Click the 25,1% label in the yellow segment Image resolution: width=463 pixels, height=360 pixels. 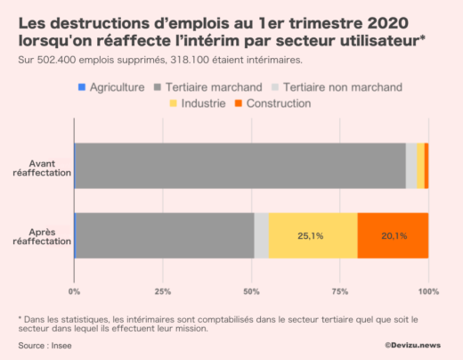[x=311, y=236]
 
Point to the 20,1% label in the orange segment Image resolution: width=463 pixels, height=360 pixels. [x=393, y=236]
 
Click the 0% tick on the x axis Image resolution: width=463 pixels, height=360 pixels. [x=74, y=291]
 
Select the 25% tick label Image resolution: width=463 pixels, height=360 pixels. [x=163, y=291]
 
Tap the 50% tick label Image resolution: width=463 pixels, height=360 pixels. [x=251, y=291]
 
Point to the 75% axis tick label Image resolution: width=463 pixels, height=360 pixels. [x=340, y=291]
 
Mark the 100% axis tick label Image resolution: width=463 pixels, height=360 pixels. [x=428, y=291]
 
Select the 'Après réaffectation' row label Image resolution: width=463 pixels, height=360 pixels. [x=42, y=236]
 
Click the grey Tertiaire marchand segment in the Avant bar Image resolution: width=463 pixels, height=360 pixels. [x=240, y=166]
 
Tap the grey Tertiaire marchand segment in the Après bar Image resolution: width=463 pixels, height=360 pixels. [x=165, y=236]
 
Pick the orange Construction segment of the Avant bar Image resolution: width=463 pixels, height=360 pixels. [x=426, y=166]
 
